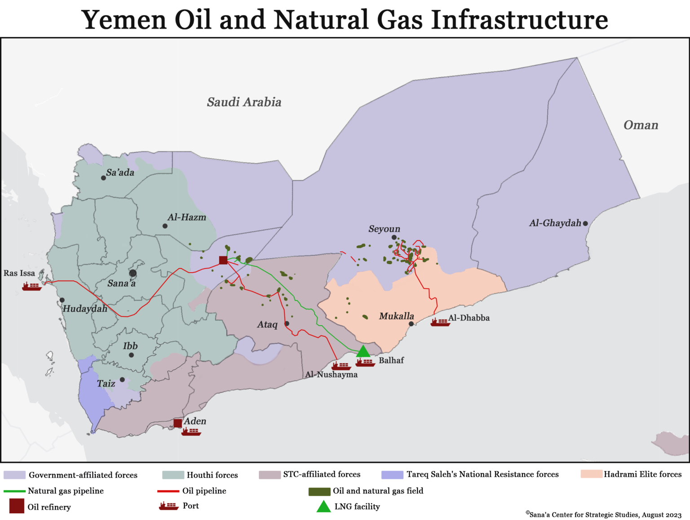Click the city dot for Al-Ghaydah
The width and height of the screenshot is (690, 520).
click(x=585, y=223)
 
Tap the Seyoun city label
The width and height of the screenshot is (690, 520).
click(x=384, y=229)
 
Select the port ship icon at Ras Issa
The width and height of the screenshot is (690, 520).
click(x=31, y=286)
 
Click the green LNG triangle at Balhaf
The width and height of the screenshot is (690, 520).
click(x=363, y=351)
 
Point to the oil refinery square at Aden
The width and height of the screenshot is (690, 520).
click(x=178, y=423)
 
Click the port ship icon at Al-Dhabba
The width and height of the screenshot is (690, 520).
click(x=440, y=322)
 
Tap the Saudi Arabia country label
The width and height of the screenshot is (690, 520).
click(x=244, y=102)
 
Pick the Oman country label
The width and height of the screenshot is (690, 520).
click(x=641, y=125)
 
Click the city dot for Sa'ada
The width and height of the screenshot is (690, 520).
click(x=103, y=178)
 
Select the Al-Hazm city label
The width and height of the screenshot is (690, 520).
click(x=187, y=217)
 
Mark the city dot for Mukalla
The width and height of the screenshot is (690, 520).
click(x=411, y=323)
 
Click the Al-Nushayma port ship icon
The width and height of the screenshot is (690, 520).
click(x=341, y=366)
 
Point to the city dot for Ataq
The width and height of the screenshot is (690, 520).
click(x=287, y=323)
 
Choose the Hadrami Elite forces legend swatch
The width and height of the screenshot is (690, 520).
click(x=591, y=474)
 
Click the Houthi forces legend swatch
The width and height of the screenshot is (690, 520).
click(x=173, y=475)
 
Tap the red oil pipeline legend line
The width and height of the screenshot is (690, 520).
click(x=168, y=491)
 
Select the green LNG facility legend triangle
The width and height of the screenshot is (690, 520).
click(x=323, y=507)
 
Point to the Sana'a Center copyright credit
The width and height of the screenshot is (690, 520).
click(x=604, y=515)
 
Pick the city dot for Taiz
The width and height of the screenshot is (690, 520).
click(x=122, y=380)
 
